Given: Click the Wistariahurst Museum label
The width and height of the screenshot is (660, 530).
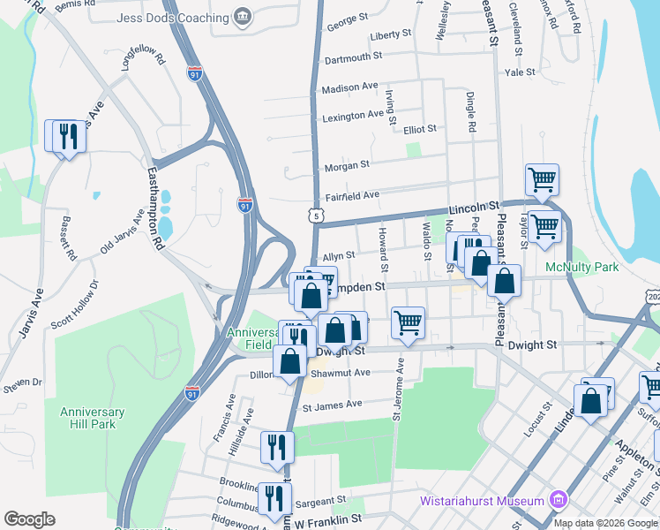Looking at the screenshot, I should [x=481, y=502].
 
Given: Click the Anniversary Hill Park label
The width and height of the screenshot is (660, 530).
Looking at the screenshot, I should [x=93, y=418].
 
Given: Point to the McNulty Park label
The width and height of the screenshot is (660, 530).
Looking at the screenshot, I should [x=581, y=267].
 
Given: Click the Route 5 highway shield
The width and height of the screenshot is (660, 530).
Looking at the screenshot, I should [x=316, y=215].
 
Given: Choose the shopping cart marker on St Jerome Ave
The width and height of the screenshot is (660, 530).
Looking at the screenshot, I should [x=408, y=322].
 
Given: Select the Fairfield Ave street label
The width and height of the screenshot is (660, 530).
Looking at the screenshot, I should [x=352, y=195].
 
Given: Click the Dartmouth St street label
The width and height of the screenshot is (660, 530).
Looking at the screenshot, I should [x=353, y=56].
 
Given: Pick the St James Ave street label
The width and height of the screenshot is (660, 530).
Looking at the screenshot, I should [x=333, y=405].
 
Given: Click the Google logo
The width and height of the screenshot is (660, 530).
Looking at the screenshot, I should [x=29, y=519].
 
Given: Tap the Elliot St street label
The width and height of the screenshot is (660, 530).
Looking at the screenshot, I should [x=419, y=129].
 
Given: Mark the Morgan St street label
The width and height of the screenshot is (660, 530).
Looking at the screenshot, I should [x=347, y=165].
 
